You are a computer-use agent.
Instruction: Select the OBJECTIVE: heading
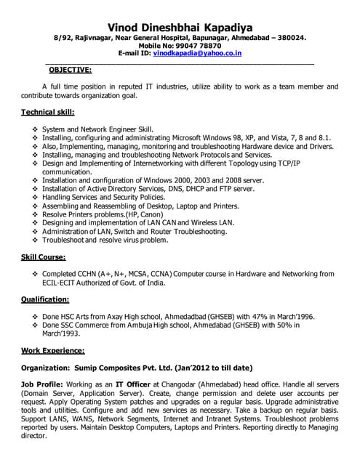70,70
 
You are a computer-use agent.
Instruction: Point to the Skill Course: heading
44,257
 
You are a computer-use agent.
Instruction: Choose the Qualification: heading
45,299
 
